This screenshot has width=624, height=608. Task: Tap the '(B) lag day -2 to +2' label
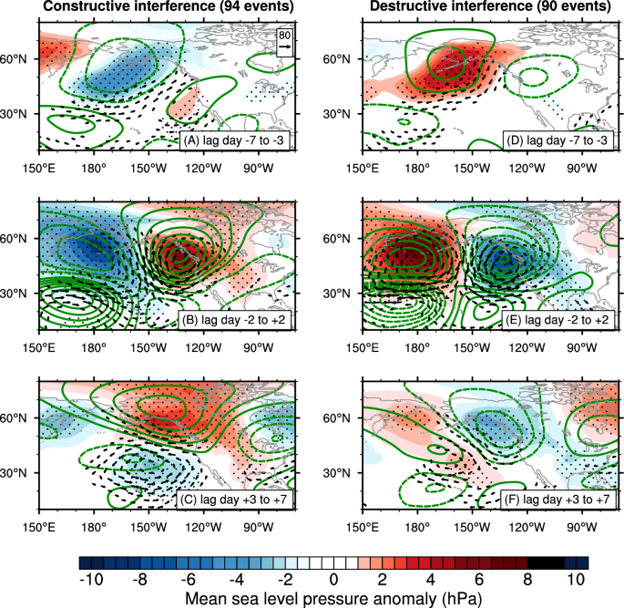(236, 320)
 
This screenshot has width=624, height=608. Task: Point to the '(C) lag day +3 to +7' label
(236, 499)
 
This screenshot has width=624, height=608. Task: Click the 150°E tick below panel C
(39, 527)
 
